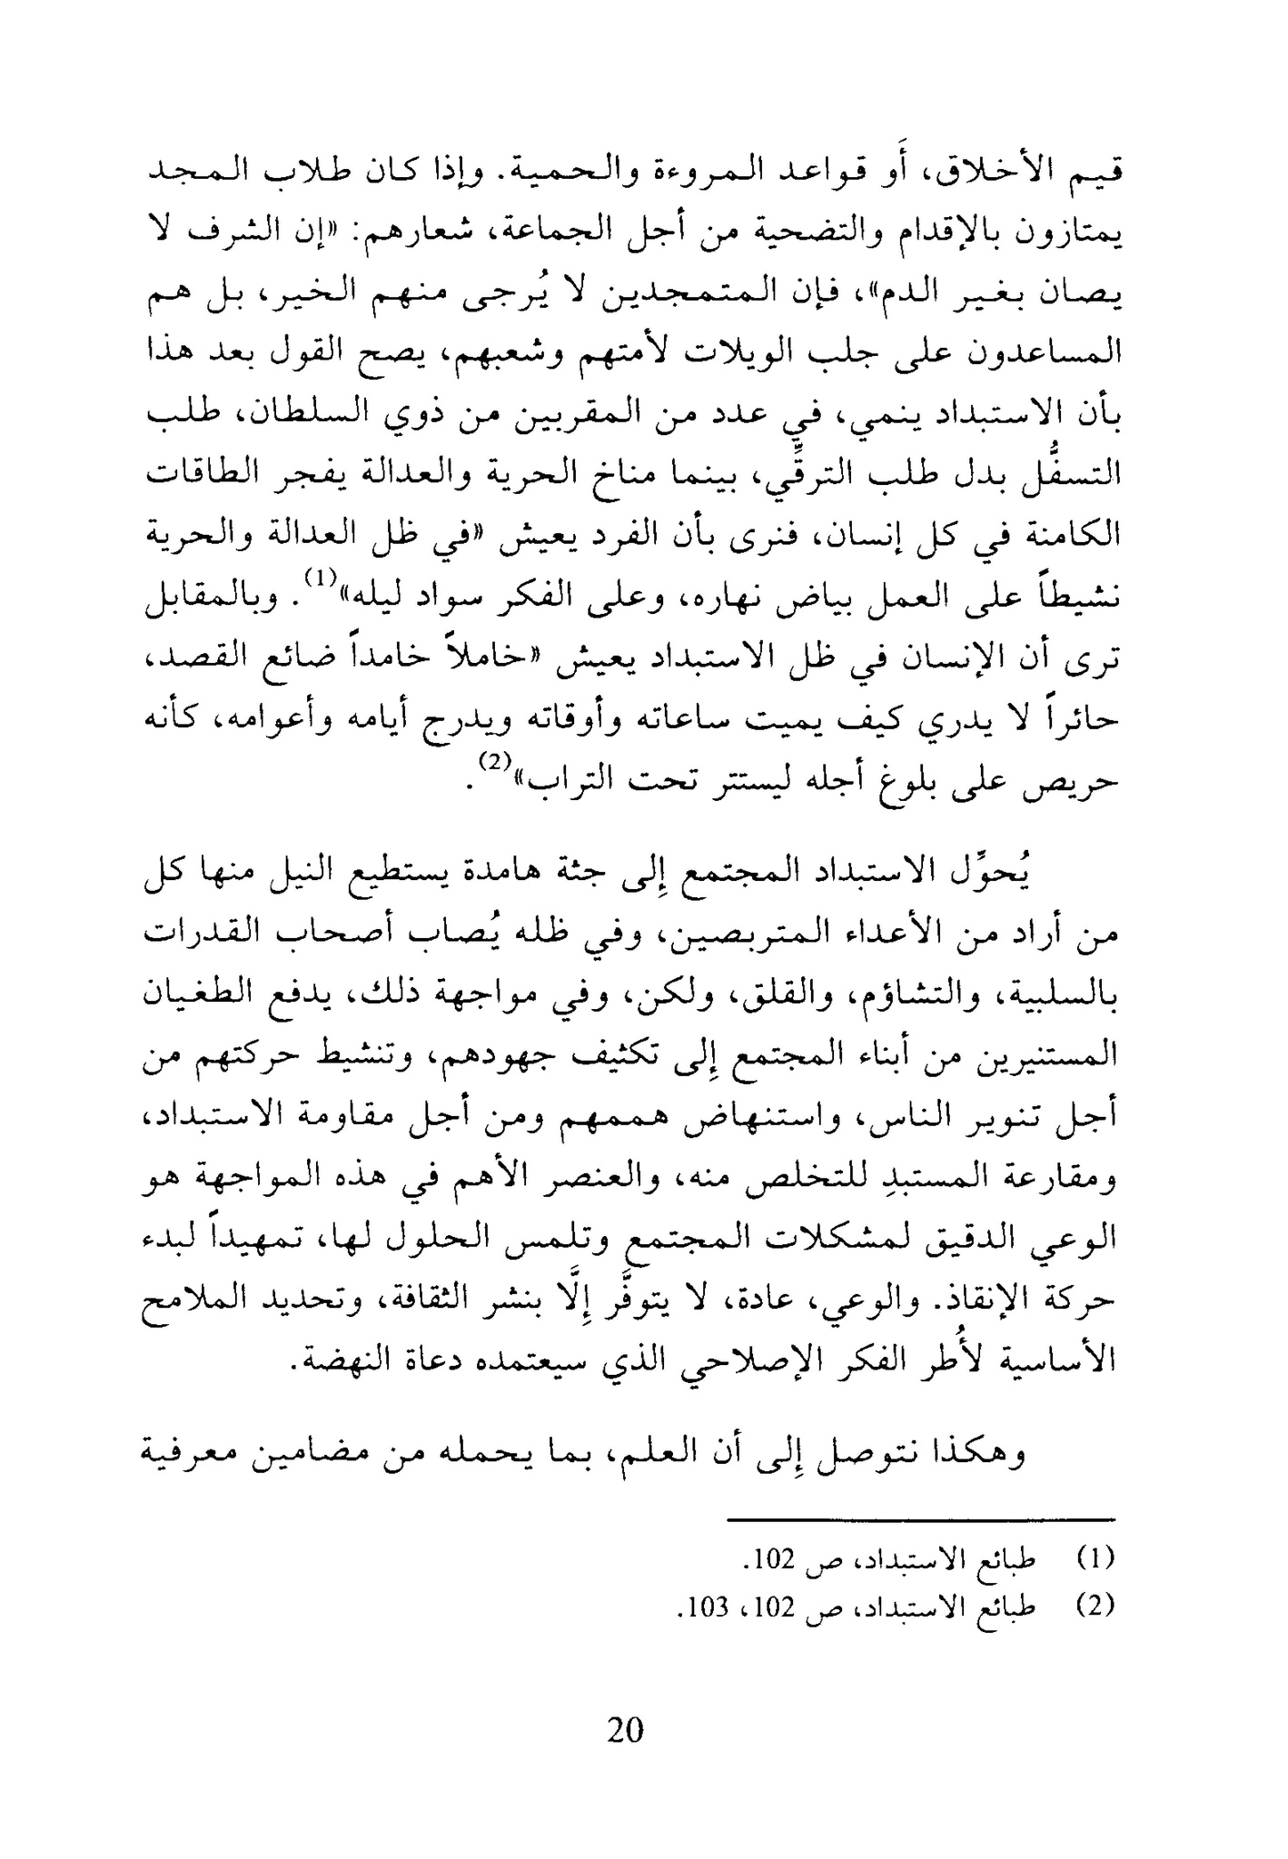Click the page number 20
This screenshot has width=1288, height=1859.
tap(625, 1729)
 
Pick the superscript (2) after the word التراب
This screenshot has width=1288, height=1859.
tap(495, 763)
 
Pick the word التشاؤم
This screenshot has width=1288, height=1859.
tap(899, 999)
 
